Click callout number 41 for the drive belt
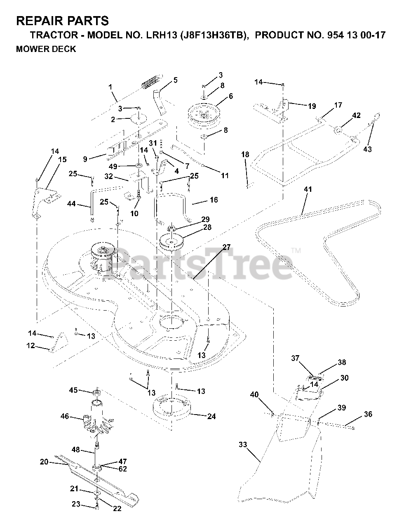pos(308,189)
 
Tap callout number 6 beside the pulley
pos(230,96)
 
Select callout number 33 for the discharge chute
pos(243,445)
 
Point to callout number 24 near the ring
pos(211,417)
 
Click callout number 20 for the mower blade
pos(44,462)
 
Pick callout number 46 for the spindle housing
pos(64,417)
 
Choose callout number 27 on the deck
pos(226,247)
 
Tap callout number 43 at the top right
pos(367,149)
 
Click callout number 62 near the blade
pos(122,469)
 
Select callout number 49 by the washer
pos(113,166)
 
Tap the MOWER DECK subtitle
pos(46,49)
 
